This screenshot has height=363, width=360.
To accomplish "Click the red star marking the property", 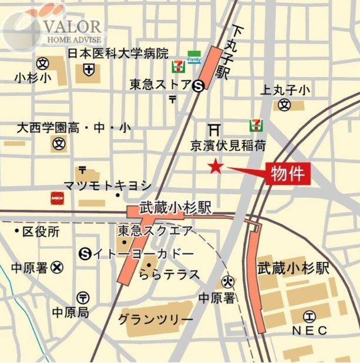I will coord(216,167).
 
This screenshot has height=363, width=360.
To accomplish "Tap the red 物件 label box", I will coord(287,173).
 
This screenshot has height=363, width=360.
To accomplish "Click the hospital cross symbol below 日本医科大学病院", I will coord(88,70).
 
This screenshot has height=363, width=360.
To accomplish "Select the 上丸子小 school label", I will coord(285,90).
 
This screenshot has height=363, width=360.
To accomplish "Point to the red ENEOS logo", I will coord(57,197).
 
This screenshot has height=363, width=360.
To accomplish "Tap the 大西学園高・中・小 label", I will coord(74,127).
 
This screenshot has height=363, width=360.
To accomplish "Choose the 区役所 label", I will coord(41,231).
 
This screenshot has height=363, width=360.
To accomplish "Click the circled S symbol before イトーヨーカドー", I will coord(85,254).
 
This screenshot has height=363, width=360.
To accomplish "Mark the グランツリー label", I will coord(155,319).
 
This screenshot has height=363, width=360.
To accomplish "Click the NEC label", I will coord(309,331).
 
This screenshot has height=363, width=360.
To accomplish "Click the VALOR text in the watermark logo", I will coord(73,26).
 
